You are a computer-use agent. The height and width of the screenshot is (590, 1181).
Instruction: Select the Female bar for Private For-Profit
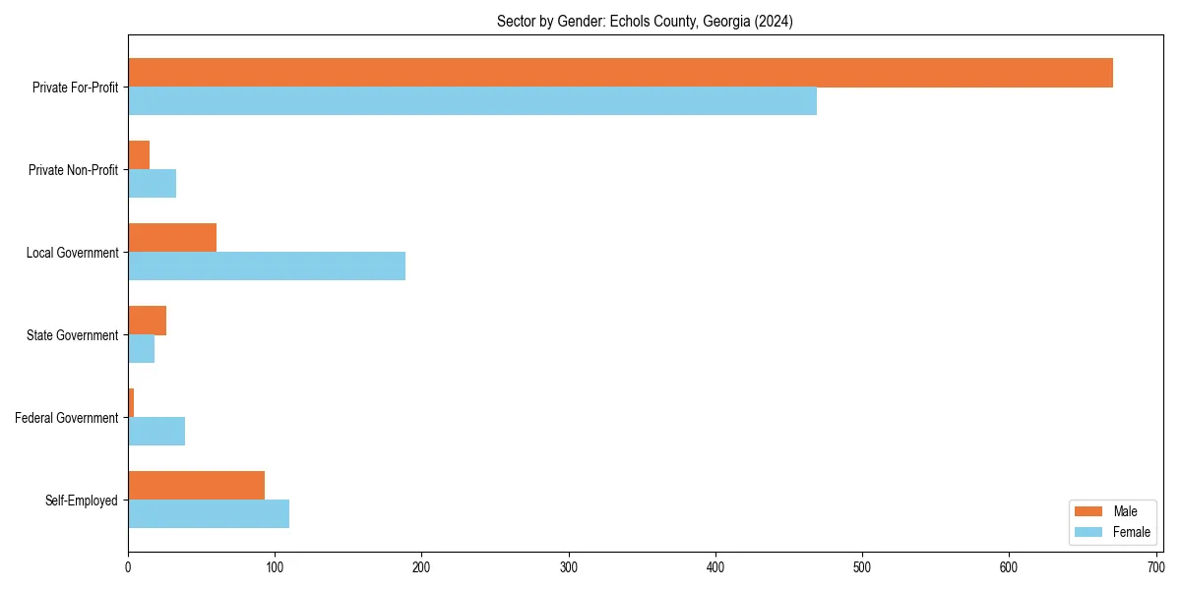coord(472,101)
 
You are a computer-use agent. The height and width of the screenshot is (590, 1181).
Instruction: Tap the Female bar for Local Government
coord(267,266)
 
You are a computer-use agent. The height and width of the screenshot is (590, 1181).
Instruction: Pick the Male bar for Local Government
coord(172,238)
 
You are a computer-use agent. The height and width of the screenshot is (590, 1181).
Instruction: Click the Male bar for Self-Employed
coord(197,486)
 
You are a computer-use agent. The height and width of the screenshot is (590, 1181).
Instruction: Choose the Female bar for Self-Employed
coord(209,514)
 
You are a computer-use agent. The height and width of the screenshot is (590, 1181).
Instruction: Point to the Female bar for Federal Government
coord(156,432)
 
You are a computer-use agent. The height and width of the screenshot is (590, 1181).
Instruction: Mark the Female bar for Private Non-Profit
coord(153,184)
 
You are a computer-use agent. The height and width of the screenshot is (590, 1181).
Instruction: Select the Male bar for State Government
coord(148,321)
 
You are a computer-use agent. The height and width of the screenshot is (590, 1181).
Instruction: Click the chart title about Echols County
coord(645,22)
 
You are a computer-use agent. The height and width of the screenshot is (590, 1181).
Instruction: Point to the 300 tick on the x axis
coord(568,567)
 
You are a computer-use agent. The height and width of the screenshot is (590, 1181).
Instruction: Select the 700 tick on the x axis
coord(1155,567)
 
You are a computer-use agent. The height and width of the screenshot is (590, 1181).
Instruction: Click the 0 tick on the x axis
coord(128,567)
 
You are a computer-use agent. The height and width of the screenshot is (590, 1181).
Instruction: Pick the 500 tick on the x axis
coord(862,567)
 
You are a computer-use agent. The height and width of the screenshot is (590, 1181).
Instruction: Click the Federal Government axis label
coord(67,418)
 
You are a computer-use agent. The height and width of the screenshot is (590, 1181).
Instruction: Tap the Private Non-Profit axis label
coord(73,170)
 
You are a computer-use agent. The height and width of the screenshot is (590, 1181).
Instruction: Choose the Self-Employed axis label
coord(82,501)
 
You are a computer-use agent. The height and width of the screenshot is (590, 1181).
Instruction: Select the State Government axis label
coord(73,335)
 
